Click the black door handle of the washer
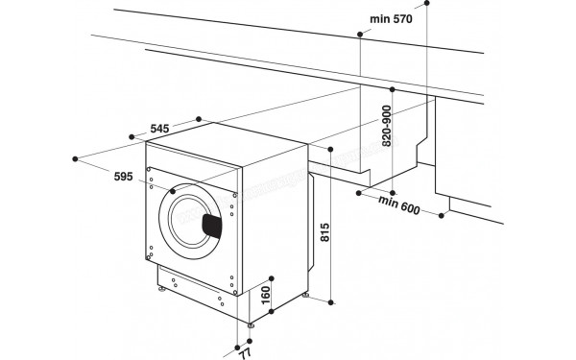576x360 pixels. point(212,226)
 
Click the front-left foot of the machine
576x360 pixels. point(156,285)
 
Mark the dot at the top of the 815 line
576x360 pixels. point(331,151)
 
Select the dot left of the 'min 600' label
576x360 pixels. point(356,192)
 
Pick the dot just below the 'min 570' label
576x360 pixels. point(360,35)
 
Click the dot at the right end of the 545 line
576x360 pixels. point(199,118)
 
